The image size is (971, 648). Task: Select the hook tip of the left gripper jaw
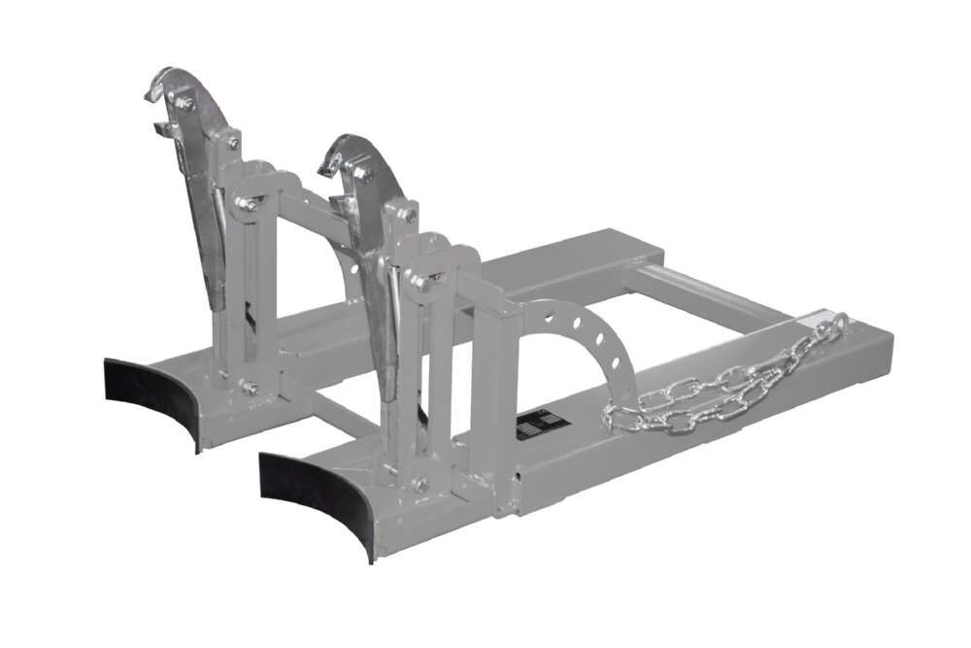[152, 94]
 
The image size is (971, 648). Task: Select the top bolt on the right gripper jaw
[366, 175]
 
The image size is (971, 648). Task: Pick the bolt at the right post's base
[419, 484]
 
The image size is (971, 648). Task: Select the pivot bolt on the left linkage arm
[250, 204]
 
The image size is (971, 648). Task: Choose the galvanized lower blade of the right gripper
[382, 340]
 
